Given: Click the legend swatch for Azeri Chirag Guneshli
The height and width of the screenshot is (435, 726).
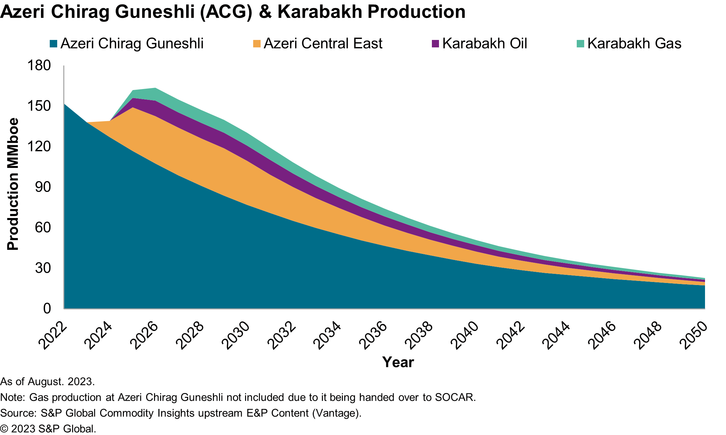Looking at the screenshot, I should click(x=53, y=44).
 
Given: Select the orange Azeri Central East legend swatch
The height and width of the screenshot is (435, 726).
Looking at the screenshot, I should click(x=257, y=44).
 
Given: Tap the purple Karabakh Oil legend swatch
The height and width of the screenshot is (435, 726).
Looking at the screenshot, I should click(x=435, y=44).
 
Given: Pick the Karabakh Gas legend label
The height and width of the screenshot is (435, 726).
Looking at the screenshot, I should click(x=634, y=44).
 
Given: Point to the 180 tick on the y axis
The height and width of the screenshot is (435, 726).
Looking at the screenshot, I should click(x=39, y=65).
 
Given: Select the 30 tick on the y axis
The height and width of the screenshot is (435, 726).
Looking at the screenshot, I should click(x=43, y=268).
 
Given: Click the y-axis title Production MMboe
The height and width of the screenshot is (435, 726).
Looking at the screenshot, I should click(x=13, y=184).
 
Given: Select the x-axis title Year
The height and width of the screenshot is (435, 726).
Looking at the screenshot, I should click(x=398, y=362).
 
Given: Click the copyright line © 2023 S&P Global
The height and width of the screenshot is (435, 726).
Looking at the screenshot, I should click(x=48, y=429).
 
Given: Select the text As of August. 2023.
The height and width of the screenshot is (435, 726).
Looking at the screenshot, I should click(x=47, y=382).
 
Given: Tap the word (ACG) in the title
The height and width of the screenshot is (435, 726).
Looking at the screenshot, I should click(x=226, y=12).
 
